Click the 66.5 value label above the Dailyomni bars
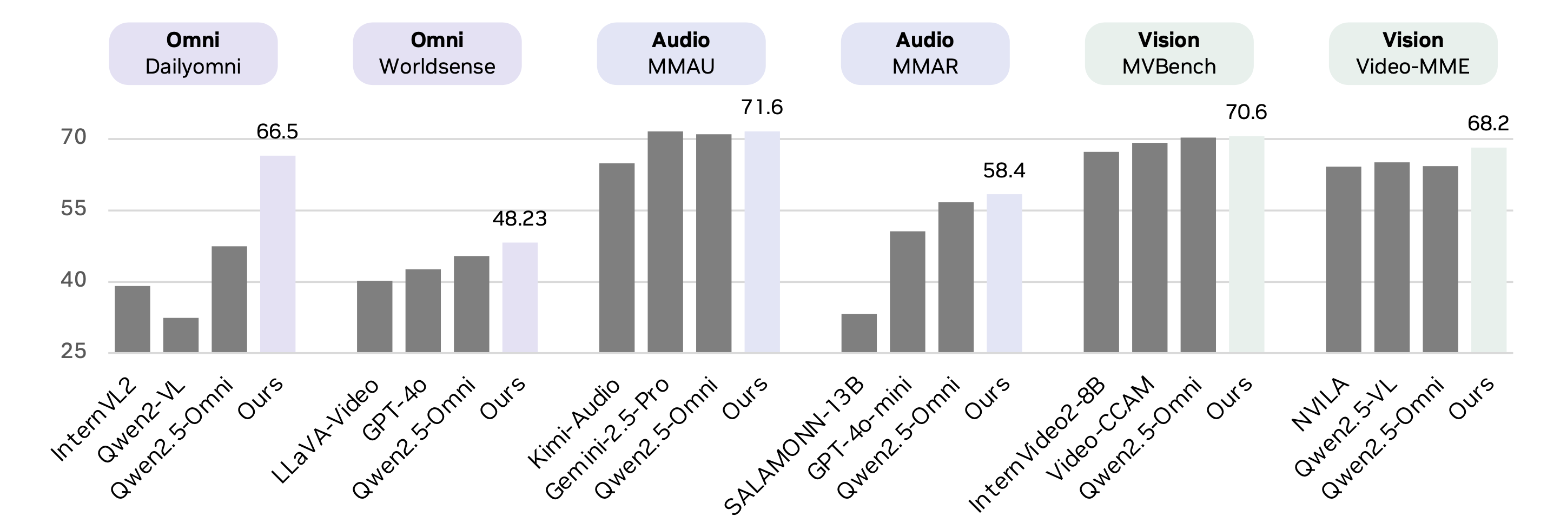click(x=277, y=131)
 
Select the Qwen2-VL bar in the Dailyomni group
click(x=181, y=335)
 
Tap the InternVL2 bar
click(x=132, y=319)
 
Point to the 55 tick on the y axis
click(x=73, y=209)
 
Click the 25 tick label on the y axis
click(x=73, y=352)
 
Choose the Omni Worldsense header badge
click(x=437, y=54)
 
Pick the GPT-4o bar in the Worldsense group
click(x=423, y=310)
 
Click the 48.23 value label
click(x=519, y=219)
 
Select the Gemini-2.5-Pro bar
click(x=665, y=241)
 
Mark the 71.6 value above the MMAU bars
click(x=762, y=108)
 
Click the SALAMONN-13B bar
click(x=859, y=333)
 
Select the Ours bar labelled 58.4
click(x=1004, y=273)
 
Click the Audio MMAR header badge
click(x=925, y=54)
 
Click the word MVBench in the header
click(x=1169, y=67)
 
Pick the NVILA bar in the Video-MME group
click(x=1344, y=259)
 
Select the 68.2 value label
click(x=1488, y=124)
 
